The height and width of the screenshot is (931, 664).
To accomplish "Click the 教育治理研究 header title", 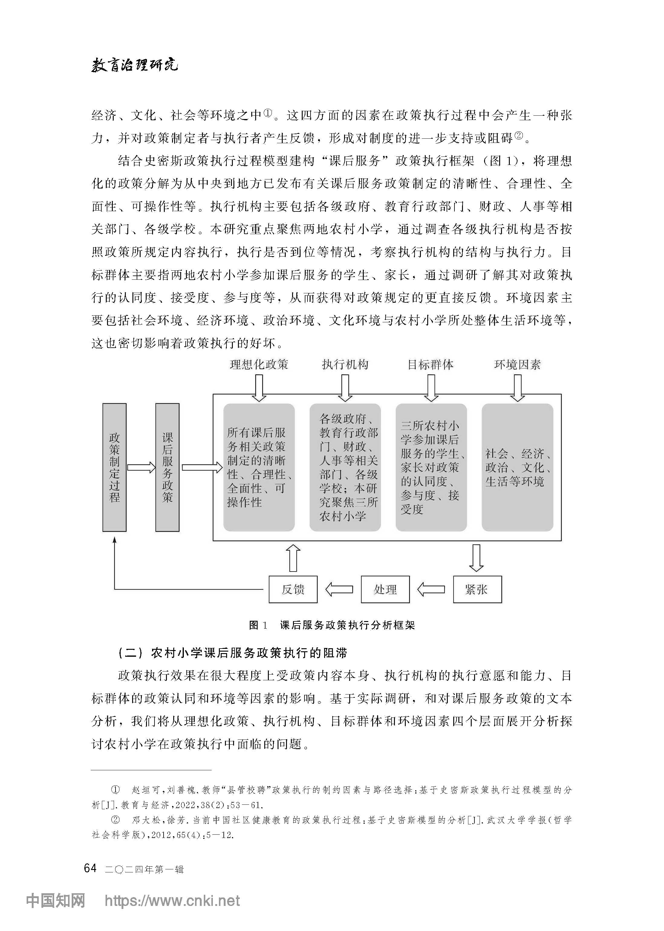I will click(135, 65).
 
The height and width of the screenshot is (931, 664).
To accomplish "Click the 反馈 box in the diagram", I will click(293, 589).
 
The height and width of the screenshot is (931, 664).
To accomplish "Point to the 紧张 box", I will click(477, 589).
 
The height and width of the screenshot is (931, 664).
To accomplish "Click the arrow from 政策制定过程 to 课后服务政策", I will click(141, 467).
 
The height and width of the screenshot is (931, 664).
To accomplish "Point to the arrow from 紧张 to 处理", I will click(431, 589).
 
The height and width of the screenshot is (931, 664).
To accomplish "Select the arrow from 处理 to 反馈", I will click(339, 589).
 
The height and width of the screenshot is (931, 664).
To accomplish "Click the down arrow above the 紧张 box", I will click(476, 558).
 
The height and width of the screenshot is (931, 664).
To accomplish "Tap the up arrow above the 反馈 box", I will click(293, 558).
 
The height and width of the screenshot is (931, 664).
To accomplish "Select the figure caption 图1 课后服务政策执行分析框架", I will click(332, 625).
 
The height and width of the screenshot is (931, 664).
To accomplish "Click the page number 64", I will click(90, 868).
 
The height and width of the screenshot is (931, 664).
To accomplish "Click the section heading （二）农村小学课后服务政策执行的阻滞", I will click(232, 653).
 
